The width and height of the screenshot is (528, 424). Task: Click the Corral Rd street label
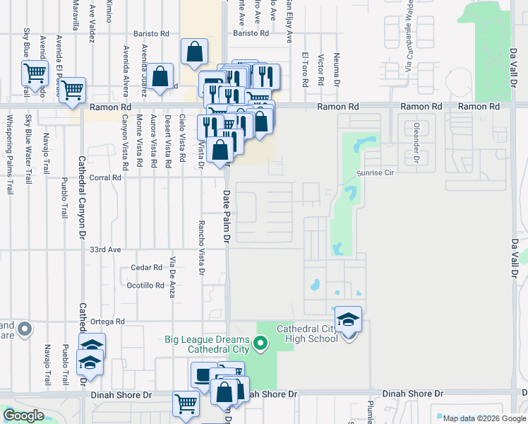[x=106, y=178]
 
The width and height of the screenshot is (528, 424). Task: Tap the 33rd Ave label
[x=106, y=249]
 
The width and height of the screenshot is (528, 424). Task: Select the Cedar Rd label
[x=147, y=268]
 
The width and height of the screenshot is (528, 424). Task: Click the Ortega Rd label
[x=109, y=322]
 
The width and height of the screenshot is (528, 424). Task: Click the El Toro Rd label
[x=305, y=69]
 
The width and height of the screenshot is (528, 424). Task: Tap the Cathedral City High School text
[x=307, y=334]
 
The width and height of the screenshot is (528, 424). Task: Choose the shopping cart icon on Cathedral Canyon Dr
[x=72, y=90]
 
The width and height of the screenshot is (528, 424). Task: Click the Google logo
[x=23, y=416]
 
